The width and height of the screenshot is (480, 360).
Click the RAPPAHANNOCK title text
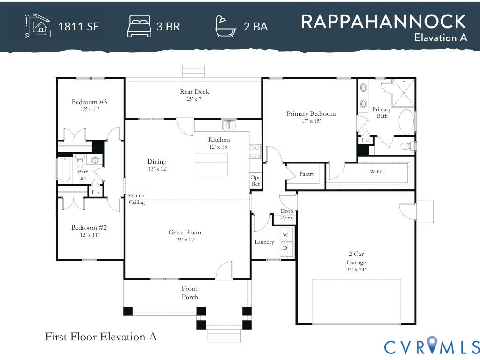click(383, 22)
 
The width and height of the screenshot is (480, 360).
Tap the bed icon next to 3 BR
click(139, 26)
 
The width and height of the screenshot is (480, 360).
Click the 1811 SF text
click(78, 26)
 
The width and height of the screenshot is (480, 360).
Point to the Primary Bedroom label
click(311, 113)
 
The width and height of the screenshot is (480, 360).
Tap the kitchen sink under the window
click(229, 125)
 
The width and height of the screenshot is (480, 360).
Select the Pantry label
click(307, 174)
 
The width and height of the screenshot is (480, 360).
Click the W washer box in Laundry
click(285, 234)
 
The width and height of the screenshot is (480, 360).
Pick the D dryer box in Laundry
click(285, 248)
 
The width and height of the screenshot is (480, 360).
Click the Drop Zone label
click(287, 214)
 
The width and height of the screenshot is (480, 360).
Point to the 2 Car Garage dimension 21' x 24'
click(356, 270)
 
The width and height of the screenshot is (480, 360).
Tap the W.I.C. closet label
click(377, 172)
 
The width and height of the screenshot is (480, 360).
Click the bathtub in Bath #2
click(64, 170)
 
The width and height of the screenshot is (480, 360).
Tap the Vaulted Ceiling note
click(137, 199)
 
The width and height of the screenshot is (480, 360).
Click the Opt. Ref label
click(255, 180)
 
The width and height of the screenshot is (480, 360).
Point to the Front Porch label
click(190, 292)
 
